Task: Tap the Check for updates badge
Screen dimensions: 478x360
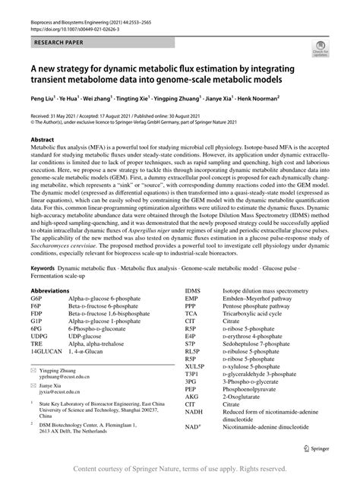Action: tap(319, 51)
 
